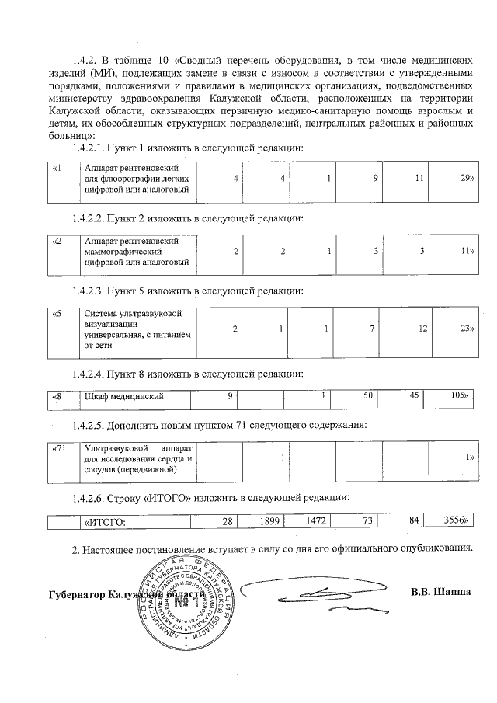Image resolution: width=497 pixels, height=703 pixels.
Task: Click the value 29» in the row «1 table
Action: point(466,178)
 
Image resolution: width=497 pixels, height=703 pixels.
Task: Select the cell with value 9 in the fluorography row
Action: point(374,178)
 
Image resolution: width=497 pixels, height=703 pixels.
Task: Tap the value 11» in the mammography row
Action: point(466,252)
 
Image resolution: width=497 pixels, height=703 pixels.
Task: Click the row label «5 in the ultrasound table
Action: point(56,314)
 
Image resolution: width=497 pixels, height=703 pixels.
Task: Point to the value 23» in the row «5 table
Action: point(466,329)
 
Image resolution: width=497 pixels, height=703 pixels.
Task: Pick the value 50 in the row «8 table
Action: point(369,396)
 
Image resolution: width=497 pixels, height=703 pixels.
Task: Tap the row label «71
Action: point(58,450)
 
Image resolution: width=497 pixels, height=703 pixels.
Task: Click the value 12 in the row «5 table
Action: point(422,329)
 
